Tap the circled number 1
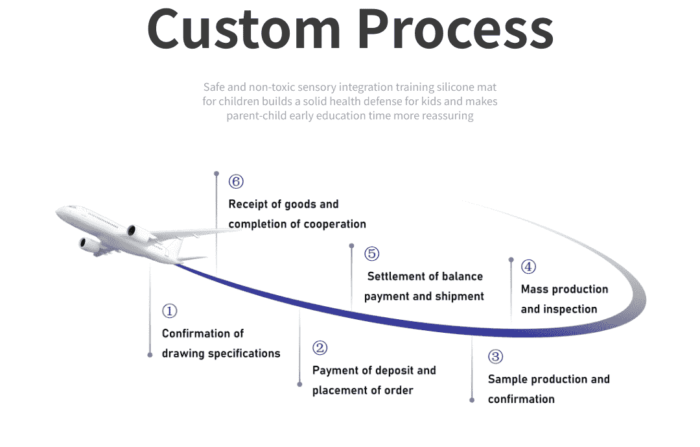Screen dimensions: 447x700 [169, 311]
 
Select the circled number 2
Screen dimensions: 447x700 [320, 348]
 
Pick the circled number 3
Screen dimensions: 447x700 [495, 357]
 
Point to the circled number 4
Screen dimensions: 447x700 [528, 267]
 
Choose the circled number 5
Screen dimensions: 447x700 [371, 254]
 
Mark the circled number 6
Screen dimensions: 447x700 [236, 182]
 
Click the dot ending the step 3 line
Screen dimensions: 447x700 [472, 400]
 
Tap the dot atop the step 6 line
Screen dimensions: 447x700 [216, 173]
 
